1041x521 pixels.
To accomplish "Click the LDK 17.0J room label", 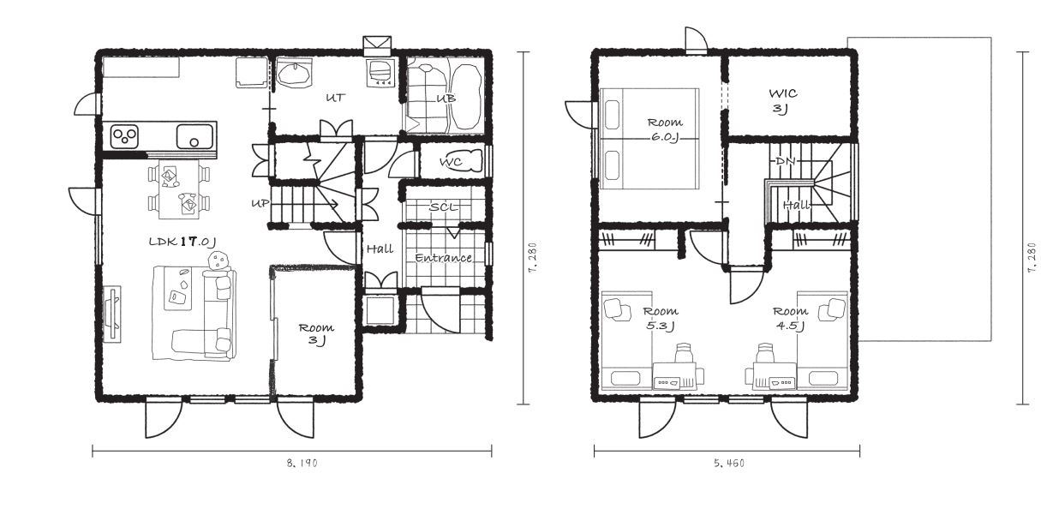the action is [x=182, y=241].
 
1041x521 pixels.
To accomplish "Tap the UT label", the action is [x=336, y=98].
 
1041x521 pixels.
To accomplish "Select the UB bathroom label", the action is [x=446, y=99].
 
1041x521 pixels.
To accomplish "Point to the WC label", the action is [x=451, y=162].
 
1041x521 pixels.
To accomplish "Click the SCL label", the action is [x=443, y=207].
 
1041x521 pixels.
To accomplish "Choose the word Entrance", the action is [x=443, y=257].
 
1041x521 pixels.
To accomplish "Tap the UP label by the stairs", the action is [x=260, y=204].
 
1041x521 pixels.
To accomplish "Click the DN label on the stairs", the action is [x=786, y=161].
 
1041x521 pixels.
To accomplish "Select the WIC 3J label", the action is [x=783, y=101].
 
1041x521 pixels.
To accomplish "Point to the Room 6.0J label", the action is [x=665, y=129].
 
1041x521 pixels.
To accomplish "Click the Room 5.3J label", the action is [x=661, y=318].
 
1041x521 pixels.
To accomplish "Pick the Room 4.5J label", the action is [x=791, y=318].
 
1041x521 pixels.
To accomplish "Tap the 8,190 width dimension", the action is [x=302, y=463].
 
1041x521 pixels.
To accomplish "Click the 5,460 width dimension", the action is [x=729, y=463].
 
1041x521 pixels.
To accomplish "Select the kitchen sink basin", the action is [x=195, y=136].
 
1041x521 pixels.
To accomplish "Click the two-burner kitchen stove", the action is [x=124, y=135].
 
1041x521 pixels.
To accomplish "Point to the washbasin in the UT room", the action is [x=294, y=75].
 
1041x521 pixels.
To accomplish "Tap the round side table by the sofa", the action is [x=218, y=260].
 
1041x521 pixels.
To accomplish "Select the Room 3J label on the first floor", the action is [x=316, y=333].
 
